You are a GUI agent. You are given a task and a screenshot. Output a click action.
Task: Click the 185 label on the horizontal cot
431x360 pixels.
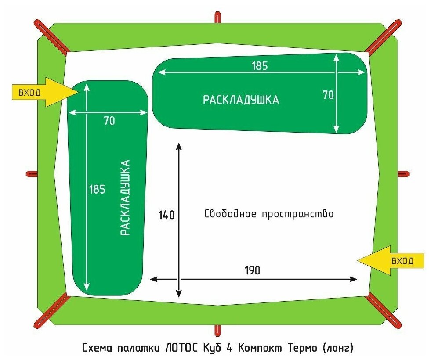click(x=259, y=66)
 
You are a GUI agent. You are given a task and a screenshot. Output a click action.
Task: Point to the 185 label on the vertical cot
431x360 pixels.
click(x=97, y=189)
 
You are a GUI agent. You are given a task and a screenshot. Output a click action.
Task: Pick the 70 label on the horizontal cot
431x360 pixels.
click(x=329, y=95)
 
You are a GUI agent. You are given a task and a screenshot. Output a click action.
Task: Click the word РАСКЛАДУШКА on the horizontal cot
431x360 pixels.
click(x=241, y=100)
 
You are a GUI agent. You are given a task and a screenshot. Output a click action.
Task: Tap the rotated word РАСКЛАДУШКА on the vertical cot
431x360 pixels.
click(x=126, y=198)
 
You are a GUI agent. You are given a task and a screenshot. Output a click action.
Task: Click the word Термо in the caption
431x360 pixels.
click(x=301, y=348)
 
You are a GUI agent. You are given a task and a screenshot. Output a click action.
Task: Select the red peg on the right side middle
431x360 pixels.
click(x=403, y=173)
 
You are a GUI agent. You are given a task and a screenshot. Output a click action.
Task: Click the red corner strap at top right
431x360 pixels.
click(x=384, y=36)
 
